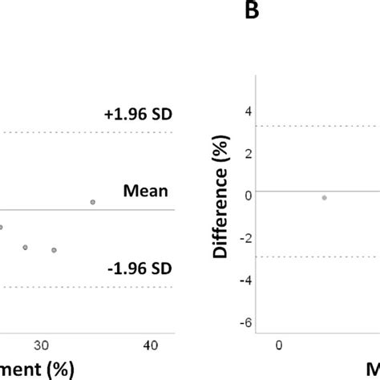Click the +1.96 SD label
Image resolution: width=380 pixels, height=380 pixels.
[138, 115]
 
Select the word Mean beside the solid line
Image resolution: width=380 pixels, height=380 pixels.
[145, 191]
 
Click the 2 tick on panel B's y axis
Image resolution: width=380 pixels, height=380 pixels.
[249, 152]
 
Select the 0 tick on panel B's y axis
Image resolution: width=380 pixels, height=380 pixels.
[249, 194]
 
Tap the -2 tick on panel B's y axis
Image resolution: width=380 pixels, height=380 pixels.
[246, 237]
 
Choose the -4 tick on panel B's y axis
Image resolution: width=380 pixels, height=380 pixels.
[246, 280]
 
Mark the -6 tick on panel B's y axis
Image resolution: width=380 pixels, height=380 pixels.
[246, 322]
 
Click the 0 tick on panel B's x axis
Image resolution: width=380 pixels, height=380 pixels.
[279, 346]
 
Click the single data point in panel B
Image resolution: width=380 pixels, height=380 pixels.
[324, 197]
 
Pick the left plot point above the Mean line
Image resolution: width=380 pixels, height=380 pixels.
[92, 202]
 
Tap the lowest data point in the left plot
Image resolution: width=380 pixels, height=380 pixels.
[54, 250]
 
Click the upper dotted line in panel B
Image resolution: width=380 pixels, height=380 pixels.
[321, 126]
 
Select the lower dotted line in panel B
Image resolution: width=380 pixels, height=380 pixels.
[321, 257]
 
